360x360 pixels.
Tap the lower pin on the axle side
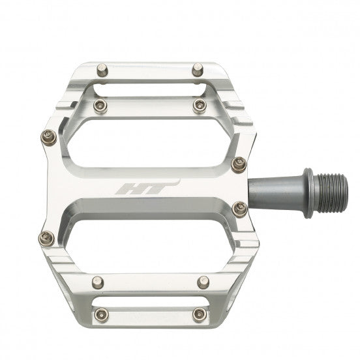pyautogui.click(x=239, y=207)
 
